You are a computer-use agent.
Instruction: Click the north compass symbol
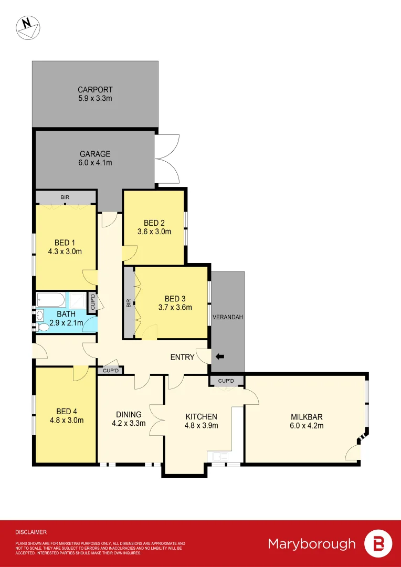(x=28, y=27)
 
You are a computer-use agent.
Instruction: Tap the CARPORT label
(x=95, y=90)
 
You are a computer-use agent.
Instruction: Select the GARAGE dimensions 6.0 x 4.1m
(x=95, y=163)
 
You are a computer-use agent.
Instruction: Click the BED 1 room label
(x=65, y=243)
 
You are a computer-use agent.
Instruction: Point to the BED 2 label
(x=154, y=223)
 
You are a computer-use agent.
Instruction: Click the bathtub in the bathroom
(x=51, y=300)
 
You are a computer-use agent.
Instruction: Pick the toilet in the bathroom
(x=44, y=327)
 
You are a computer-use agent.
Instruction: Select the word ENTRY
(x=182, y=357)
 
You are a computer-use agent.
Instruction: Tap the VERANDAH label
(x=227, y=318)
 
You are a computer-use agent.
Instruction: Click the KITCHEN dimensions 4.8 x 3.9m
(x=202, y=426)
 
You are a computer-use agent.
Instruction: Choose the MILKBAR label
(x=307, y=417)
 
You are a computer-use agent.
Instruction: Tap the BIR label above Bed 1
(x=65, y=197)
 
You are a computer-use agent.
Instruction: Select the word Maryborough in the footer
(x=312, y=543)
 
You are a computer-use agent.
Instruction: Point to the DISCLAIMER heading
(x=31, y=532)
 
